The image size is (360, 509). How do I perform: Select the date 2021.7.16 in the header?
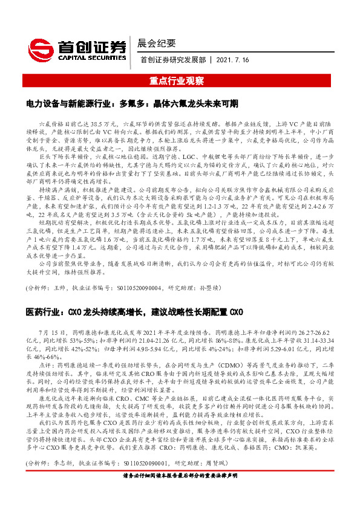point(232,59)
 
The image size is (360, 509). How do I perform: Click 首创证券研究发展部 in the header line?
point(173,59)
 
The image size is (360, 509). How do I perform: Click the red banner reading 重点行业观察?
point(180,80)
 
